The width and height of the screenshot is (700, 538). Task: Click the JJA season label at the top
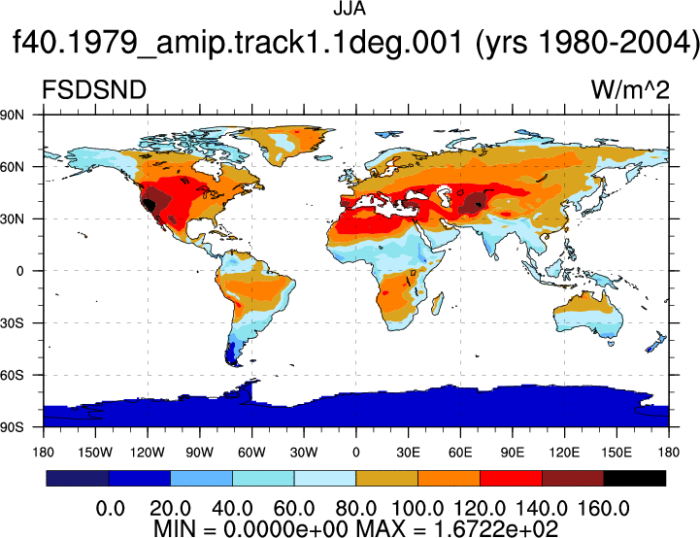point(350,9)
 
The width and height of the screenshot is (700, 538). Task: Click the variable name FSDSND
point(94,89)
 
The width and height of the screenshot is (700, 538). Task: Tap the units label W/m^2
point(630,89)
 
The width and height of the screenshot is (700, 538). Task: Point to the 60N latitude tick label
point(12,167)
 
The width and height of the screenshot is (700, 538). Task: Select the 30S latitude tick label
point(12,322)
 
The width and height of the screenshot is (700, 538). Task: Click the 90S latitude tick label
point(12,427)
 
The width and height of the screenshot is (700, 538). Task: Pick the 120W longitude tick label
point(148,453)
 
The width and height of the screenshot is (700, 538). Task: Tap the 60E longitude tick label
point(460,453)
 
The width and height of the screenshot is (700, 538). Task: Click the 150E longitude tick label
point(617,453)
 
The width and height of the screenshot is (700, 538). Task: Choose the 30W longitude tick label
point(304,453)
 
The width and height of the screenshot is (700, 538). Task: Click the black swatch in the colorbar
point(634,478)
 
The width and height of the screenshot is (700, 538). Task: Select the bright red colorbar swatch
point(511,478)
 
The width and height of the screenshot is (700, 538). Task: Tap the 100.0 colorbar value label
point(417,509)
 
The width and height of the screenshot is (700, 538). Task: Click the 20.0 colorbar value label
point(170,509)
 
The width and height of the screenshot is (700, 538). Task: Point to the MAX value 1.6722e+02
point(496,529)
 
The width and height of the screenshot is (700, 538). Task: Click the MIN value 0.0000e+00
point(285,529)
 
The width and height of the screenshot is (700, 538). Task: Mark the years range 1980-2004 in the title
point(616,42)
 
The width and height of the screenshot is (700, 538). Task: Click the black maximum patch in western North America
point(149,205)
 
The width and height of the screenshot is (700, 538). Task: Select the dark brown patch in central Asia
point(473,203)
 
